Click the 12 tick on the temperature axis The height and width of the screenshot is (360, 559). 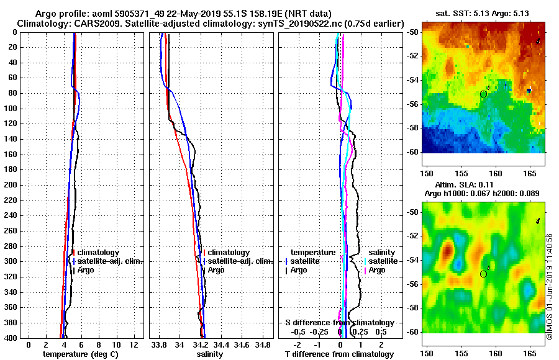133,344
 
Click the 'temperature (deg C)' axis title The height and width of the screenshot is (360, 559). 80,354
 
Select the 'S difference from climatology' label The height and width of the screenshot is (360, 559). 340,323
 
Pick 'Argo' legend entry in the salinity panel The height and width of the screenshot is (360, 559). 216,270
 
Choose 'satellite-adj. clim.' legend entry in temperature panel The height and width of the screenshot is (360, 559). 109,261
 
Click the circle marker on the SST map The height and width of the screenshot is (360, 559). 483,94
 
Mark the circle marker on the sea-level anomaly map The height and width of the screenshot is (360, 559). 483,274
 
